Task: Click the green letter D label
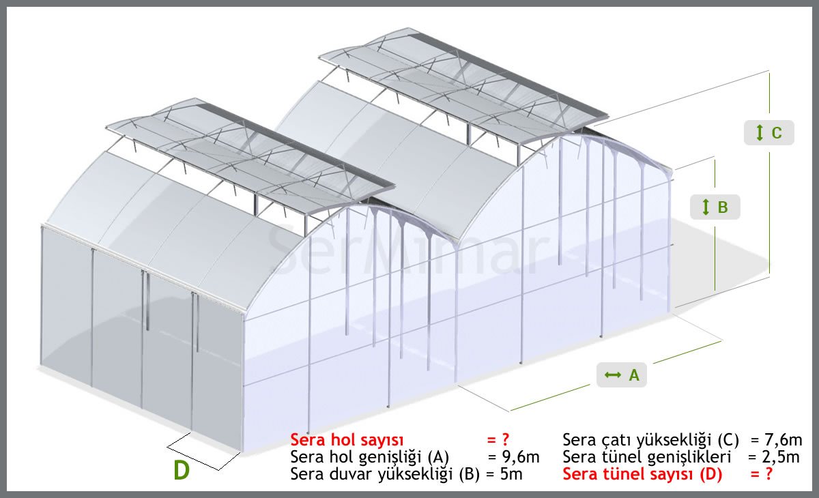tap(182, 470)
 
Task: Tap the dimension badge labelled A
tap(622, 375)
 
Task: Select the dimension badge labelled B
tap(715, 207)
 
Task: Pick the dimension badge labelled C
tap(769, 132)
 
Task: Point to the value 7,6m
tap(784, 440)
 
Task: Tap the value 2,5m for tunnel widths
tap(781, 457)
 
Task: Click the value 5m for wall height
tap(511, 474)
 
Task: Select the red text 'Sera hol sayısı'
tap(347, 440)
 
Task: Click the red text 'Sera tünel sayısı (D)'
tap(642, 474)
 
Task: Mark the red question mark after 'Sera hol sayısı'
tap(506, 439)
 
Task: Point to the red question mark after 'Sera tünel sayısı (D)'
tap(768, 474)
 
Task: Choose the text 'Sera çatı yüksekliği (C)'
tap(650, 440)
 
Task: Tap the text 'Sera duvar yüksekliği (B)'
tap(385, 475)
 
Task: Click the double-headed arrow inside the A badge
tap(613, 375)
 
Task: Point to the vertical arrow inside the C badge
tap(760, 132)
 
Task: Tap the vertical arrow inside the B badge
tap(706, 207)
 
